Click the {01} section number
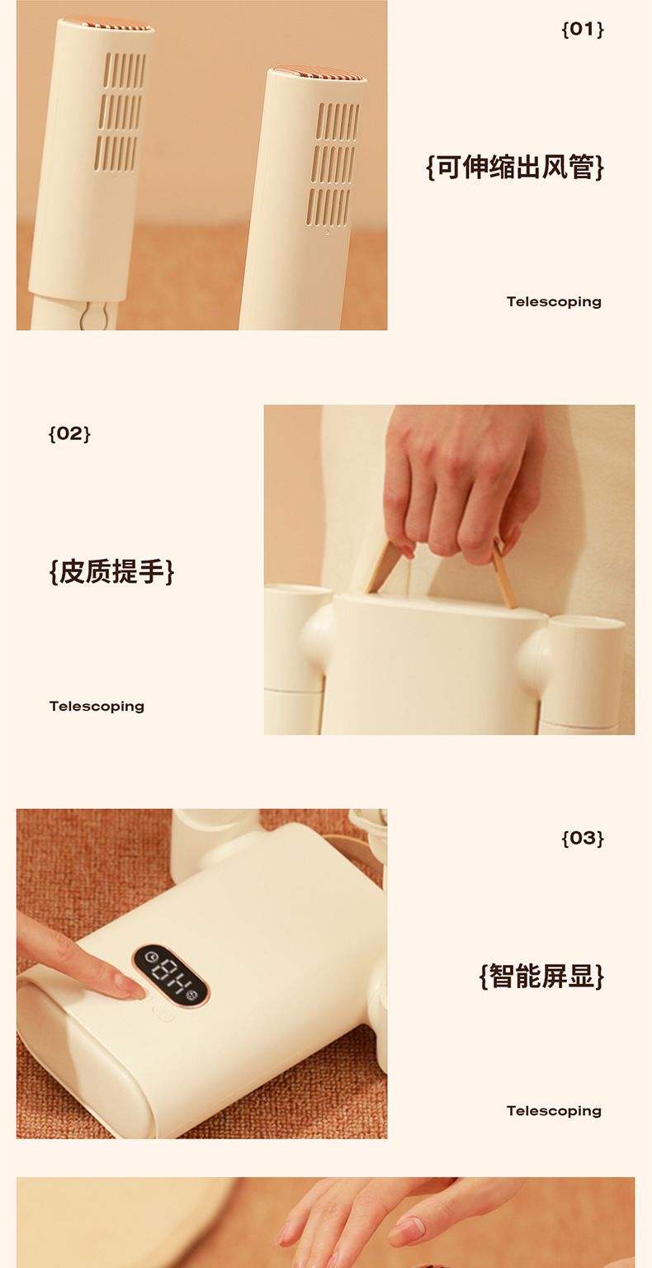click(x=583, y=29)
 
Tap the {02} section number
click(x=69, y=433)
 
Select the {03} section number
click(x=583, y=838)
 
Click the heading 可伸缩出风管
click(x=515, y=167)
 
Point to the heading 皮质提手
click(x=111, y=571)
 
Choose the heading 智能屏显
click(x=541, y=976)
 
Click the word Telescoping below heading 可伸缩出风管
click(x=554, y=301)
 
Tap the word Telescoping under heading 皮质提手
click(x=97, y=707)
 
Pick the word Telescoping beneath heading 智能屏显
click(x=554, y=1110)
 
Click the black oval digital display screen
click(x=170, y=975)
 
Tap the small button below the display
click(x=163, y=1014)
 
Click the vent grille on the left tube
click(x=120, y=111)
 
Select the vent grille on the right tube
click(x=333, y=164)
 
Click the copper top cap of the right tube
click(x=318, y=72)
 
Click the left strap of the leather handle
click(x=385, y=566)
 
